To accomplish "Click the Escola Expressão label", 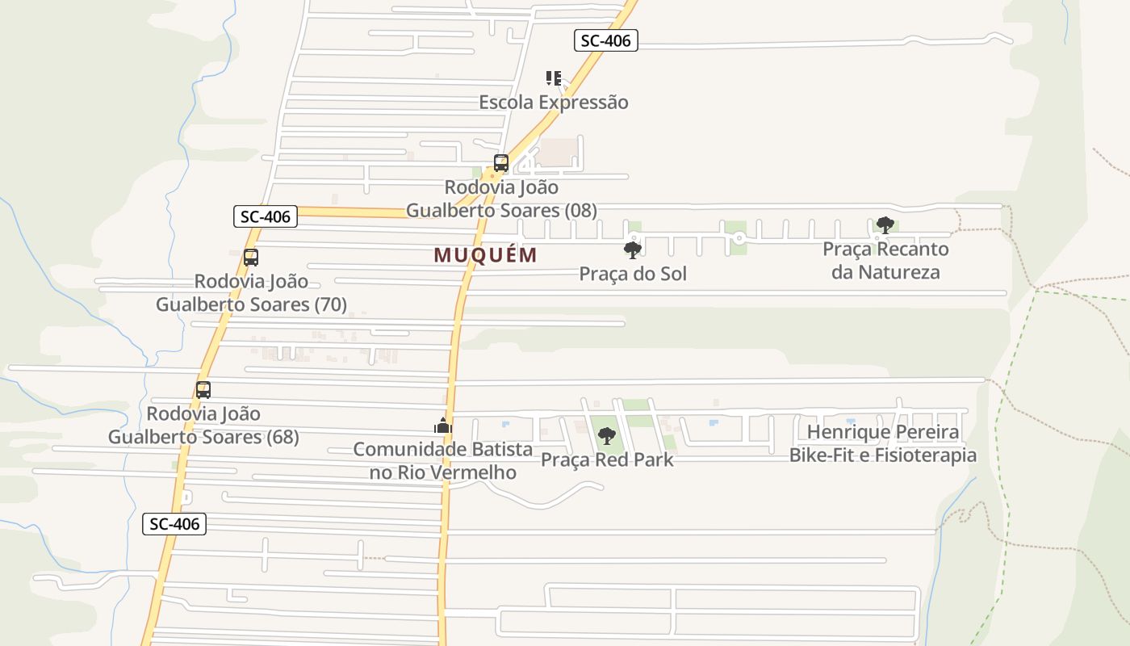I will click(553, 103).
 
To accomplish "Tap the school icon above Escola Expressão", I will click(553, 78).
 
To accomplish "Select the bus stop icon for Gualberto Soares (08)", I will click(500, 163).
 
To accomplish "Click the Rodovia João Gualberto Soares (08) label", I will click(501, 199).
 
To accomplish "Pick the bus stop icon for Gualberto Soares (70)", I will click(251, 258).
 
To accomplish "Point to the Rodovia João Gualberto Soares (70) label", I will click(251, 293).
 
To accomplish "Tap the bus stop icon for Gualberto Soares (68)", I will click(203, 390).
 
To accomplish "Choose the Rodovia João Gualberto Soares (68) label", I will click(203, 426).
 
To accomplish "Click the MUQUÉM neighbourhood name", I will click(485, 255).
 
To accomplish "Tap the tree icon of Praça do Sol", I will click(633, 250).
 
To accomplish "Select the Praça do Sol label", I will click(633, 274).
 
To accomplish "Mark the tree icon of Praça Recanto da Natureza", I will click(885, 224).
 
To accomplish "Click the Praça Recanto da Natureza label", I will click(885, 260).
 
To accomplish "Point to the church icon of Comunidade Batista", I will click(442, 426).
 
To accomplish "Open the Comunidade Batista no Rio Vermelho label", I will click(442, 460).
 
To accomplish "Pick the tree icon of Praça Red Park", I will click(607, 436).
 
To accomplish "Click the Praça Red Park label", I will click(607, 459).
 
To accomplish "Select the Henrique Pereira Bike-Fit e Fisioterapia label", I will click(883, 443).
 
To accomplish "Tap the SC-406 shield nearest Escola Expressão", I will click(606, 40).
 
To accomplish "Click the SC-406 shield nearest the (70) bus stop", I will click(266, 216).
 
